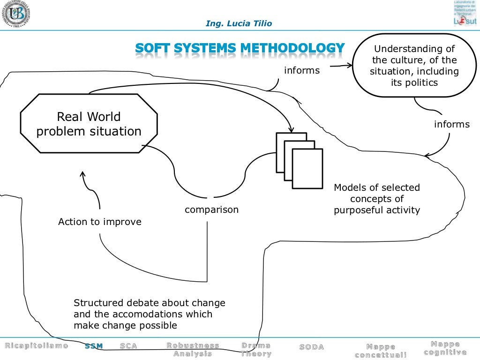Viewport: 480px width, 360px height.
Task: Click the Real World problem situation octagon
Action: tap(89, 123)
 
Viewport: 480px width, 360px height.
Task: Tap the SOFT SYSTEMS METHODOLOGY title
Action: tap(240, 48)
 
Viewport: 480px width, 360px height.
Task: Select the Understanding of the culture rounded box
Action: tap(414, 66)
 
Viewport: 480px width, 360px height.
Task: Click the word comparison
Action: tap(211, 210)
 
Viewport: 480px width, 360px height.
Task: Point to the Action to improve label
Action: tap(99, 222)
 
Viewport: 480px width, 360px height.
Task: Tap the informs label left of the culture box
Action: tap(302, 71)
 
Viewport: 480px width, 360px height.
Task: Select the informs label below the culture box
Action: tap(451, 124)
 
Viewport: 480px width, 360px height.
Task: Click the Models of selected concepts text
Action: tap(377, 199)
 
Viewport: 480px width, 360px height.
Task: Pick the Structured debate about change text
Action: tap(149, 314)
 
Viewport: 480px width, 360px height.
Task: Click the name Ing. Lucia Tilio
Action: tap(239, 23)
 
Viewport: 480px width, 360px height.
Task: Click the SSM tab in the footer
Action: tap(94, 346)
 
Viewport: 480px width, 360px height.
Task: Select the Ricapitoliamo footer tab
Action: tap(37, 346)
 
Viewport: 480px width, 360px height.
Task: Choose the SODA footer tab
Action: tap(311, 347)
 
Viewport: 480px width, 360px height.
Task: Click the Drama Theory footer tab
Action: tap(256, 350)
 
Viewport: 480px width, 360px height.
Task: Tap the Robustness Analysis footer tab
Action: tap(193, 350)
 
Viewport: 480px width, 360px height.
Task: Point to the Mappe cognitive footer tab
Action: tap(445, 348)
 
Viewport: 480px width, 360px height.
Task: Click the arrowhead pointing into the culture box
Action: tap(349, 66)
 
